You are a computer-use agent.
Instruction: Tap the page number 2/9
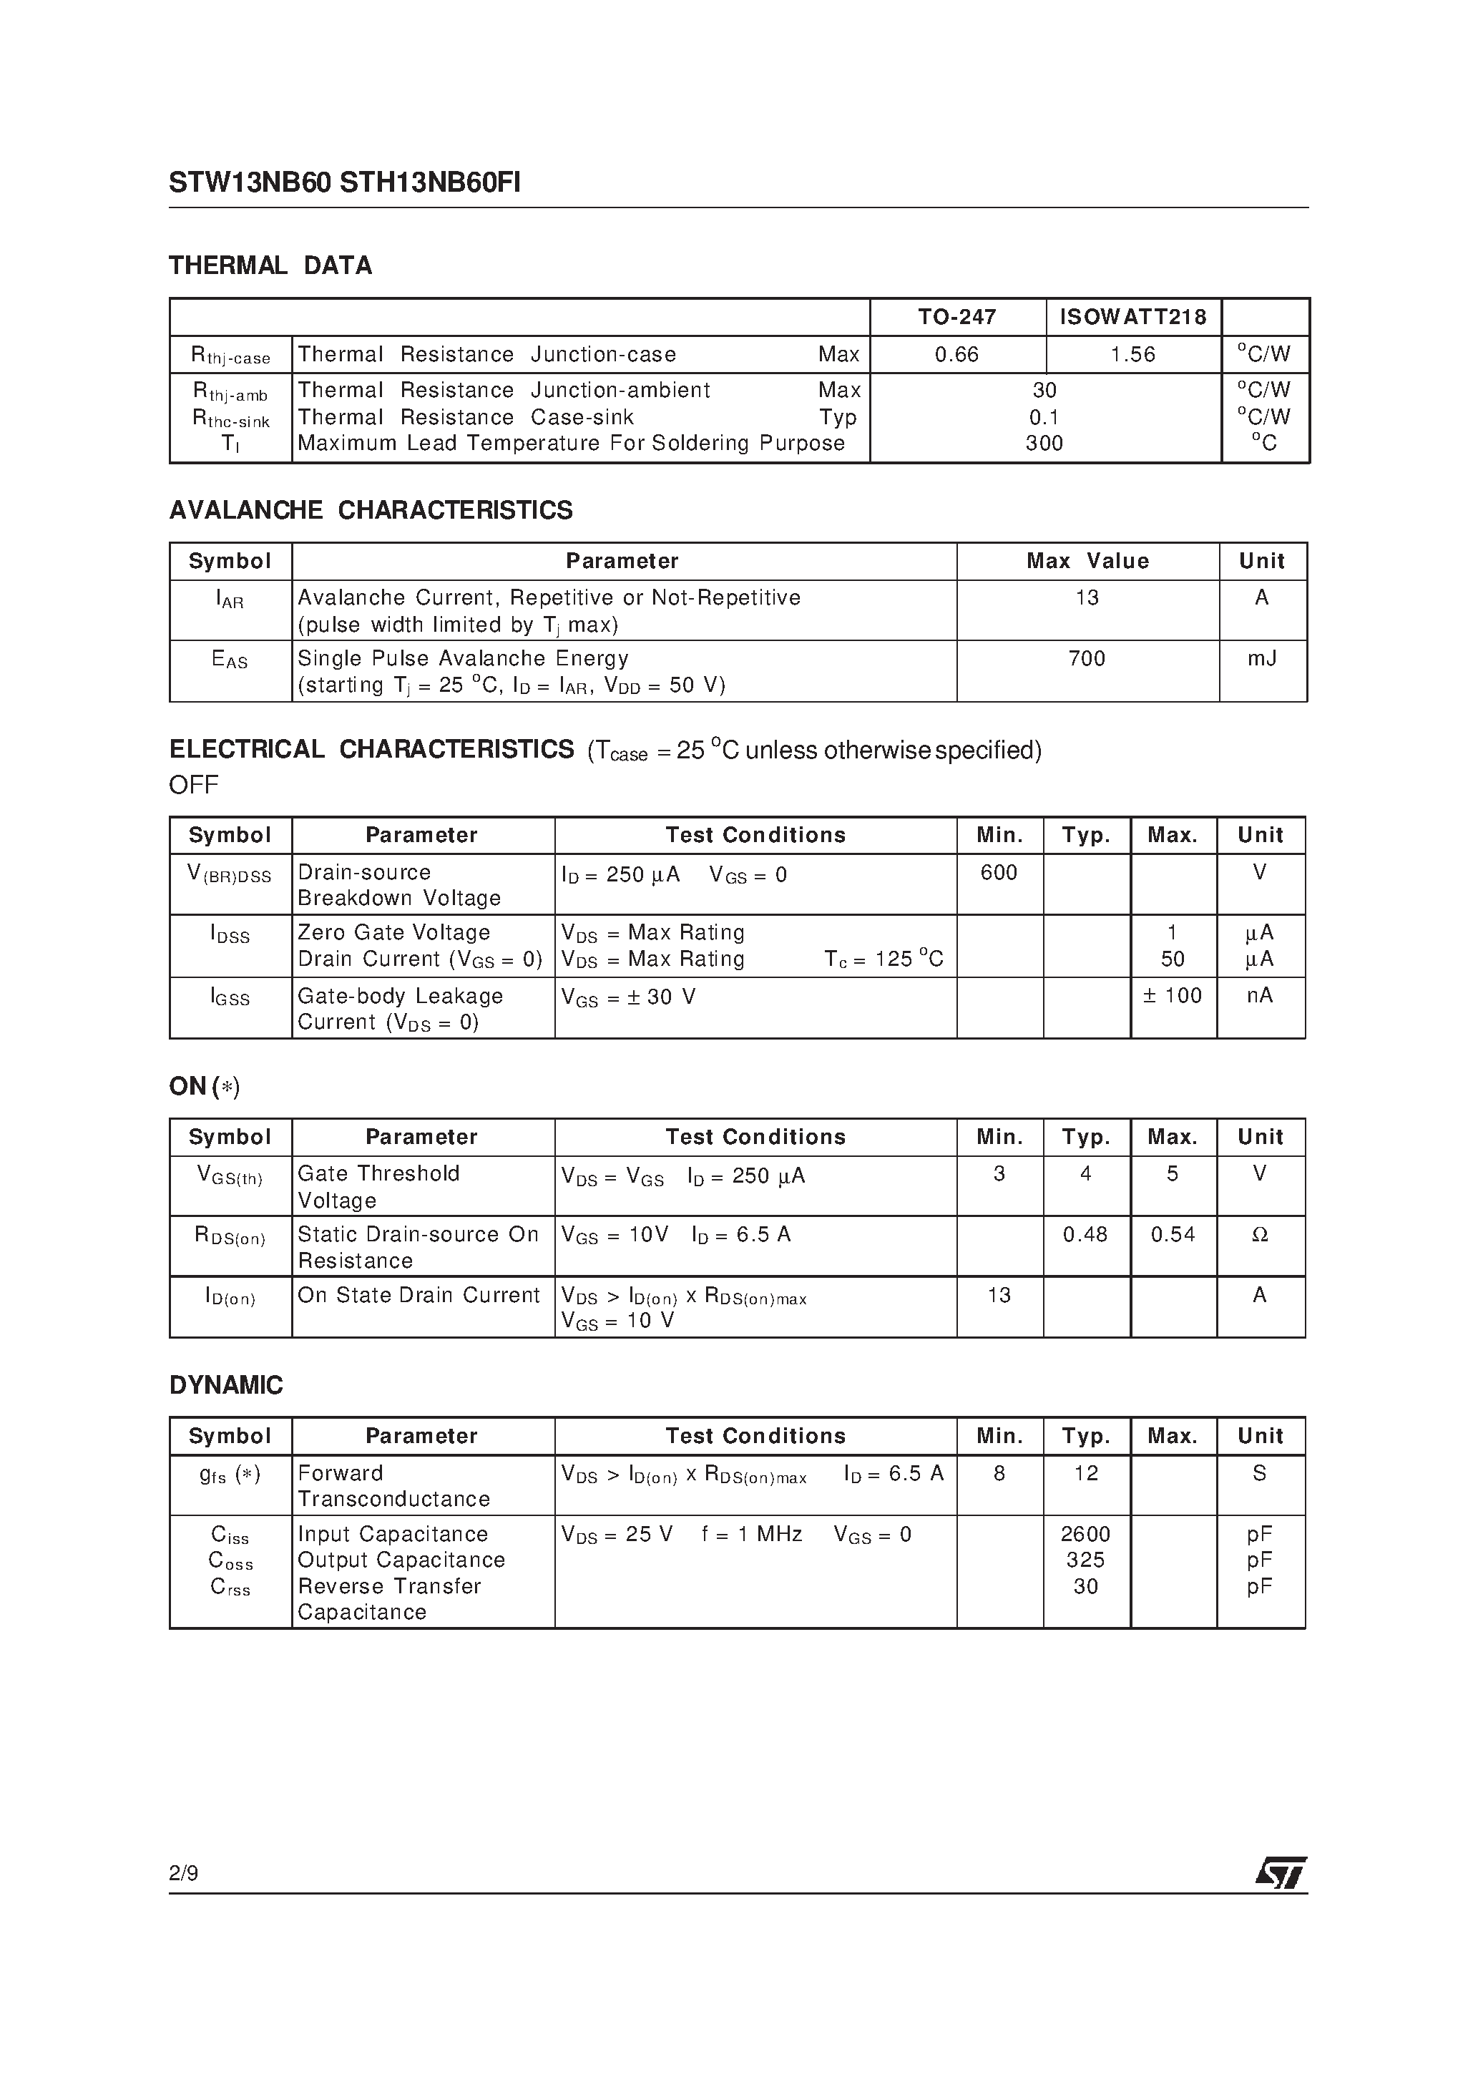tap(184, 1873)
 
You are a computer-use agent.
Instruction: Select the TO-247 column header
tap(956, 317)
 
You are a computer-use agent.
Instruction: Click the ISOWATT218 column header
tap(1132, 317)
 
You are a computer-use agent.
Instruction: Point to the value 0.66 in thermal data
tap(956, 354)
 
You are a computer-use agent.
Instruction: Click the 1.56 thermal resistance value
tap(1132, 354)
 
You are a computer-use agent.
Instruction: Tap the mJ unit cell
tap(1262, 658)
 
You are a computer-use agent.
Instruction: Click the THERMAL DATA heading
tap(270, 266)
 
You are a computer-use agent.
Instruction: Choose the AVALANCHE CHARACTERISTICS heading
tap(371, 510)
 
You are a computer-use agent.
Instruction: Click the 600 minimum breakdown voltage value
tap(999, 873)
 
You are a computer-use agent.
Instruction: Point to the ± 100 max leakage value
tap(1173, 996)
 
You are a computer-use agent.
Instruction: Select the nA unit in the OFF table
tap(1261, 996)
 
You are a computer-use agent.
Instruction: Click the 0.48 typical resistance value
tap(1085, 1235)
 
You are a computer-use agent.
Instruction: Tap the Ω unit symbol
tap(1261, 1235)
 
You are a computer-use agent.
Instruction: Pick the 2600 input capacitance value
tap(1085, 1535)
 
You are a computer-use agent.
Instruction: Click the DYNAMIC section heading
tap(226, 1385)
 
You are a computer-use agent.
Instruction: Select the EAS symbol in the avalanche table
tap(230, 660)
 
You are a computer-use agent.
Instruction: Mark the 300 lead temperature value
tap(1044, 444)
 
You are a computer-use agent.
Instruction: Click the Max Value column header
tap(1087, 561)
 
